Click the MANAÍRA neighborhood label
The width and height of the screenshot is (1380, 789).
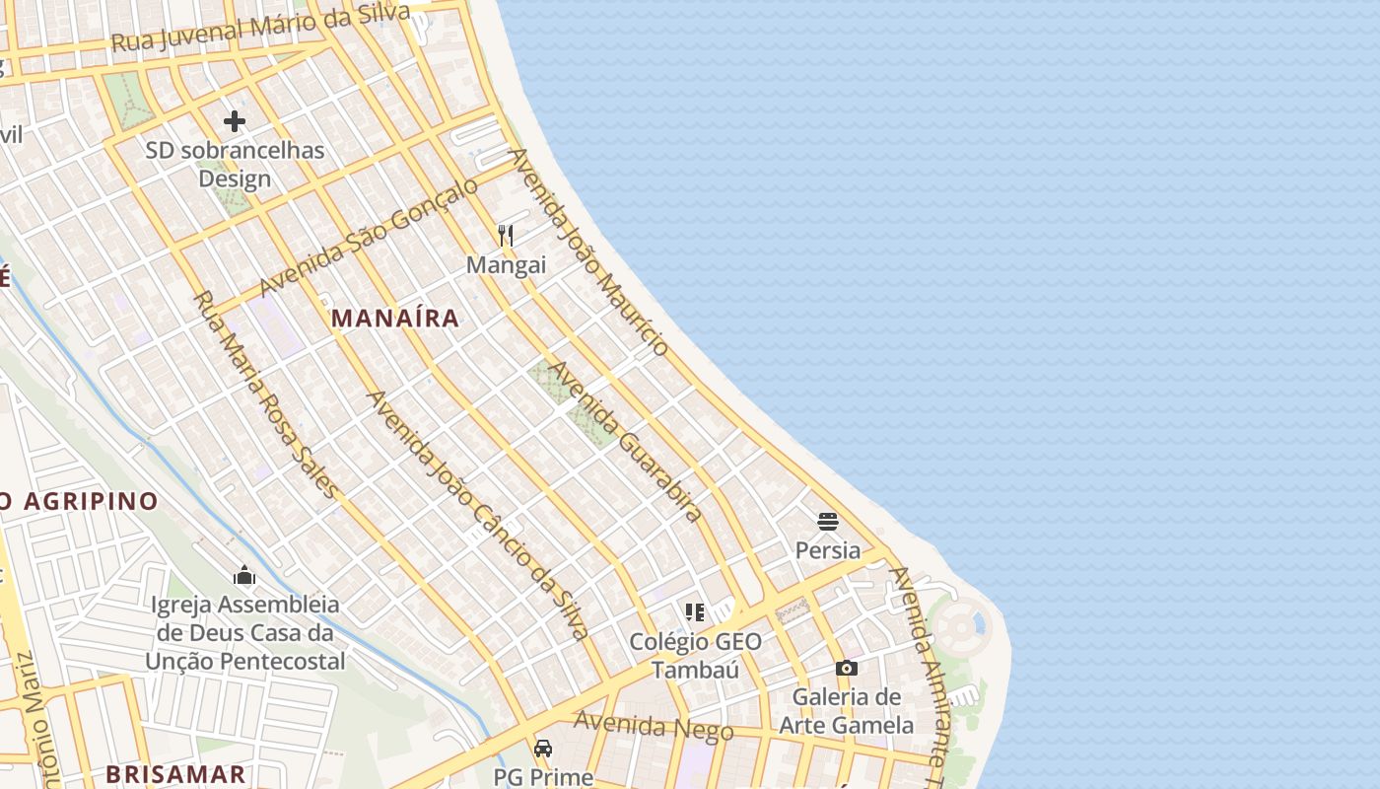(395, 318)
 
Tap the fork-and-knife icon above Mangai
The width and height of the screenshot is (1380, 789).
(506, 235)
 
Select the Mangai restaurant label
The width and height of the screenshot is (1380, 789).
(506, 265)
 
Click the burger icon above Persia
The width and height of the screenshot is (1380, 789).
(828, 521)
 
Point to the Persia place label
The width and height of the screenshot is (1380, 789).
(828, 550)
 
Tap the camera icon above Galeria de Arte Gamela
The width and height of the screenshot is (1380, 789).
(846, 669)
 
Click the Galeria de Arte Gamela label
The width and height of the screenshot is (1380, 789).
(847, 711)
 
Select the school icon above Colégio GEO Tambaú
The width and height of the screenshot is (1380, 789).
(695, 612)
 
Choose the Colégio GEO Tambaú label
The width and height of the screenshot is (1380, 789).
(695, 656)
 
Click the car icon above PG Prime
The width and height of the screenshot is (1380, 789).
(543, 749)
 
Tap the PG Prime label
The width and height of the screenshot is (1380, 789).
(543, 777)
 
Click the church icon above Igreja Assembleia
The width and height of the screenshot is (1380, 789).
(244, 575)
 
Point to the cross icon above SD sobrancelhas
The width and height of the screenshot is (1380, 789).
(235, 121)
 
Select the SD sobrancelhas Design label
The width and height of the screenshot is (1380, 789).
(235, 165)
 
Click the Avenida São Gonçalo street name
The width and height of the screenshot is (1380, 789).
(369, 237)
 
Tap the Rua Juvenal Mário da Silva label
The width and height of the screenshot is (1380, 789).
(261, 27)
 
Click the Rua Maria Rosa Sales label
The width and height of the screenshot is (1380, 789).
(266, 395)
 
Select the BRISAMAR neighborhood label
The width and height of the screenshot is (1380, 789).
(175, 773)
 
